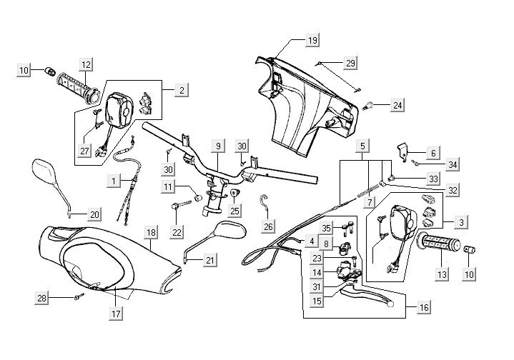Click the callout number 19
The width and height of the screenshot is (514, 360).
click(x=312, y=41)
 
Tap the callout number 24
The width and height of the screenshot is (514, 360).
click(x=397, y=106)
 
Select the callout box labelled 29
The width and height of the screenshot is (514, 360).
click(x=350, y=64)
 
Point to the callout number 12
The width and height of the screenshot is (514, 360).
click(x=86, y=64)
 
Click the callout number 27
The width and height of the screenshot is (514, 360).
click(x=86, y=151)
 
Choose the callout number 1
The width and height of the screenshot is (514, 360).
click(x=114, y=181)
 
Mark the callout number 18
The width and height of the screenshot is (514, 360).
click(x=150, y=233)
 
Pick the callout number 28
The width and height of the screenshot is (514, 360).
click(x=42, y=297)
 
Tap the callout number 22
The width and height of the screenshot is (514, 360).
click(x=177, y=232)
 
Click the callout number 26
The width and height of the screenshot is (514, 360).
click(x=268, y=227)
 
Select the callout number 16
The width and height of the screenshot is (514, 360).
click(x=424, y=308)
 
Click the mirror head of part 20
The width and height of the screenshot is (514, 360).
click(x=48, y=176)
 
